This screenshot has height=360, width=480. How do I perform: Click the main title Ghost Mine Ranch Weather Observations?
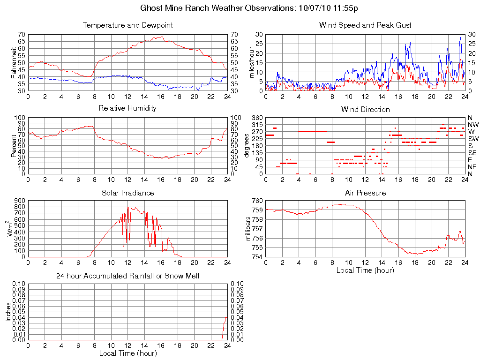[250, 8]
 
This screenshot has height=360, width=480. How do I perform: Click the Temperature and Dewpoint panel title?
[127, 25]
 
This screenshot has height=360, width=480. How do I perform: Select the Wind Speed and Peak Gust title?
[365, 25]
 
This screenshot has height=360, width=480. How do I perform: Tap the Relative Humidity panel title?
[127, 108]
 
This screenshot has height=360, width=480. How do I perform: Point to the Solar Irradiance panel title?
[127, 193]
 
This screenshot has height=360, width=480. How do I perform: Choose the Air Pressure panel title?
[365, 193]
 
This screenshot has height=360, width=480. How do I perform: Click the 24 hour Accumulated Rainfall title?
[127, 276]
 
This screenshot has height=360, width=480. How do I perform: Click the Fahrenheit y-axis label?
[14, 62]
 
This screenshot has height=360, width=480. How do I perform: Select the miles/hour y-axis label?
[252, 62]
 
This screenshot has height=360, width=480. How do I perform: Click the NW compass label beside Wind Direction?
[473, 125]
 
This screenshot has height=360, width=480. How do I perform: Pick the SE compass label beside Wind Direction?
[472, 153]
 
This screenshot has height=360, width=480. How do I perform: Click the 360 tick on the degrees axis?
[256, 118]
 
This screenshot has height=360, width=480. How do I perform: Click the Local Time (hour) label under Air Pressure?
[365, 270]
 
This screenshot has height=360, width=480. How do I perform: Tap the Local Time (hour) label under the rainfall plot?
[127, 353]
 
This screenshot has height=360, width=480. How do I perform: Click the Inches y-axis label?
[8, 312]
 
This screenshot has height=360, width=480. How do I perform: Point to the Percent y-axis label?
[14, 146]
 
